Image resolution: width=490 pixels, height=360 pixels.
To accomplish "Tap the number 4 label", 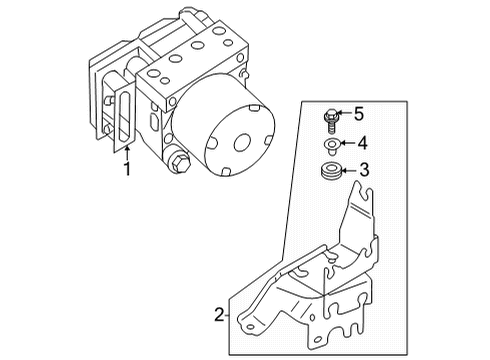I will [x=363, y=143].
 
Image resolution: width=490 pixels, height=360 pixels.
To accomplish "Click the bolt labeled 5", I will [x=330, y=120].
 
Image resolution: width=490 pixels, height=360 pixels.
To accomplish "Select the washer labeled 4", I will [x=330, y=143].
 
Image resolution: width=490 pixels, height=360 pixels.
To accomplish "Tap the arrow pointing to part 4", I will [x=345, y=143].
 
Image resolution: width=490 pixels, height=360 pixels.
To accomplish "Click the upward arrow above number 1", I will [x=126, y=150].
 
